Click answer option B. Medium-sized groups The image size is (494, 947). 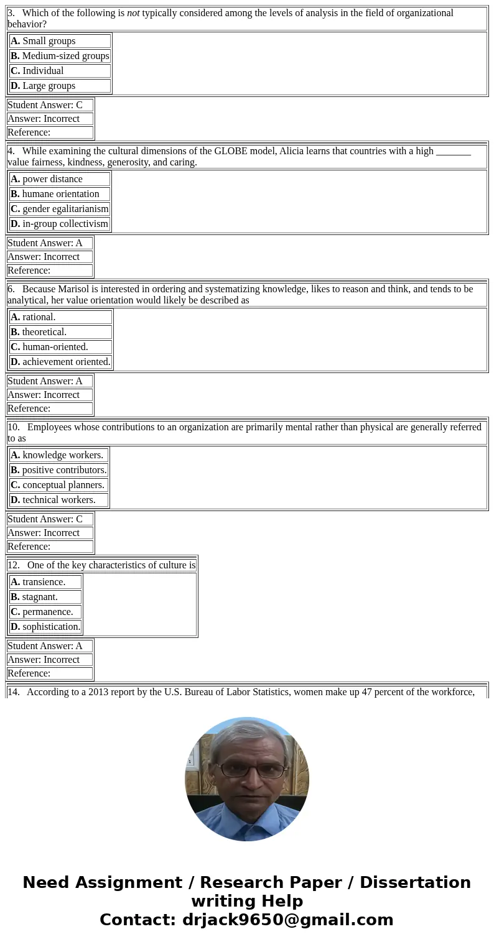60,56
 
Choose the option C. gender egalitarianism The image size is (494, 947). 60,209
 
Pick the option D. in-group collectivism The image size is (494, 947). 59,224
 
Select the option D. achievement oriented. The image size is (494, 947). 60,362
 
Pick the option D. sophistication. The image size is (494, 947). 45,627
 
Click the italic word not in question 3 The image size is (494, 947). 133,13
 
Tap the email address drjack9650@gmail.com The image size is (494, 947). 287,920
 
